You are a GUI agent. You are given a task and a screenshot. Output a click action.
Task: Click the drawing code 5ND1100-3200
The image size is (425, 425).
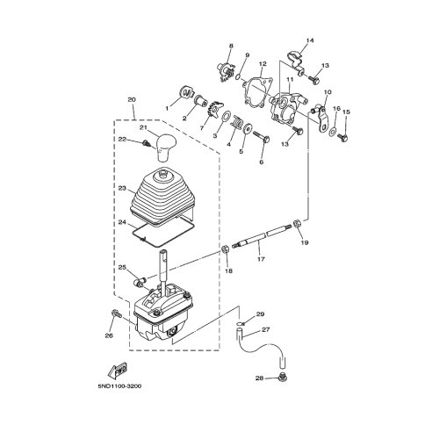[x=114, y=384]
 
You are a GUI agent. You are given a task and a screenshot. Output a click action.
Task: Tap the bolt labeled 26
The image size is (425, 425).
[x=115, y=313]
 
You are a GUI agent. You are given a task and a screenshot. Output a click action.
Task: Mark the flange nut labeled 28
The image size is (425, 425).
[x=280, y=377]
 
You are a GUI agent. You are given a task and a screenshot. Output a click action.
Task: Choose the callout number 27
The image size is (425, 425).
[x=265, y=330]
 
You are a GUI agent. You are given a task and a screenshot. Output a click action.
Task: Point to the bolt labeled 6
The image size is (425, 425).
[x=260, y=136]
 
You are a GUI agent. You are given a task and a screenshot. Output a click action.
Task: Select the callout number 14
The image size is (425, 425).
[x=309, y=41]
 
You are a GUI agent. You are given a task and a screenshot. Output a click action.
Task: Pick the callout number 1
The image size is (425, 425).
[x=165, y=108]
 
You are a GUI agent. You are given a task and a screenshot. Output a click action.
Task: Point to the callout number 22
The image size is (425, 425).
[x=122, y=140]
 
